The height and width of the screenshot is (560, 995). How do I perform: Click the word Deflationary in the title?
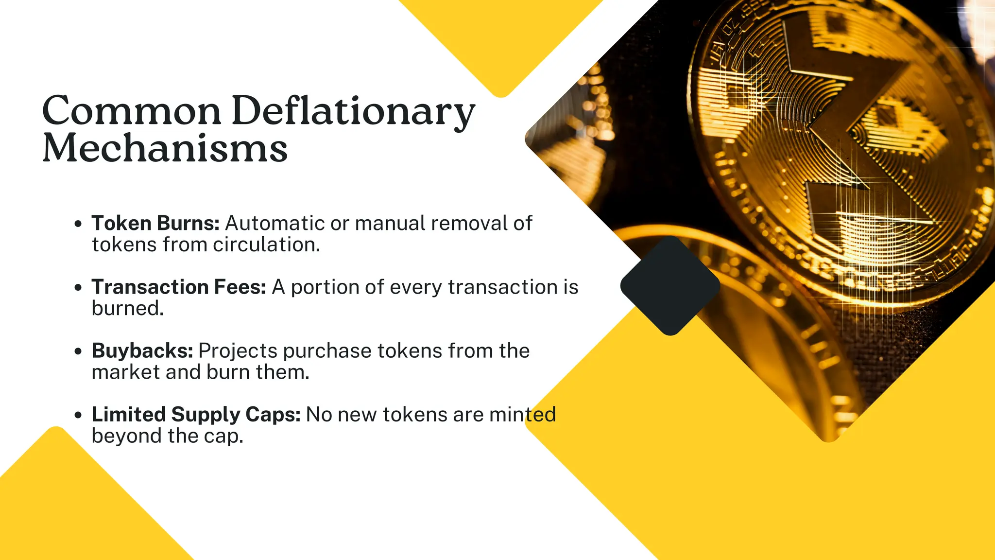click(x=353, y=112)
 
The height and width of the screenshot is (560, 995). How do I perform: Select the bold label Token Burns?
click(x=155, y=223)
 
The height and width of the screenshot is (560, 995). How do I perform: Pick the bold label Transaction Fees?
click(x=179, y=287)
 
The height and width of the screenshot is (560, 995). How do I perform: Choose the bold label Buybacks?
click(x=142, y=350)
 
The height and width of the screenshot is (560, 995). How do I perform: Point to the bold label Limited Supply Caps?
click(x=196, y=415)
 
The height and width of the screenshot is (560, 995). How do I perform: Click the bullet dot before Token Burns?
click(x=78, y=224)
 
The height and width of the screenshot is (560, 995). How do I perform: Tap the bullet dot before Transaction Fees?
click(x=78, y=288)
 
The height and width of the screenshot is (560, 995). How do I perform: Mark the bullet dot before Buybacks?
click(x=78, y=351)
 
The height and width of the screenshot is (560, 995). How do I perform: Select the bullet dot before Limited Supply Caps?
click(x=78, y=415)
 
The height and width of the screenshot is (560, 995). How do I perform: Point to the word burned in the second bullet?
click(x=127, y=308)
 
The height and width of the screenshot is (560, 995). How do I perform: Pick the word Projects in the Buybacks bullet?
click(x=238, y=351)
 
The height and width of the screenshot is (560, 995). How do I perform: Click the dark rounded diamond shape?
click(x=670, y=286)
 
